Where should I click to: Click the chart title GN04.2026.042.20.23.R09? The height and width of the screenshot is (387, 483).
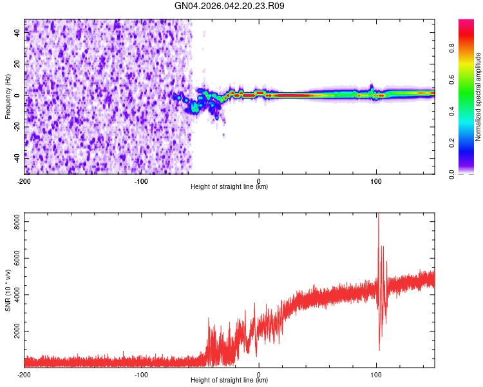coord(230,6)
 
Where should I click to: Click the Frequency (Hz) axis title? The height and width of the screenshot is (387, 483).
coord(8,96)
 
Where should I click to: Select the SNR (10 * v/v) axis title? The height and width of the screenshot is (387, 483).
coord(8,290)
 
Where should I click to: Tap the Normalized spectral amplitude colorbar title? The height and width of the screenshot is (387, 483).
coord(478,97)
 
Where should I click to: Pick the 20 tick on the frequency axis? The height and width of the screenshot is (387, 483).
coord(18,64)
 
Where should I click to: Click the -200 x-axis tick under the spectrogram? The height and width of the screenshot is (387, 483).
coord(24,180)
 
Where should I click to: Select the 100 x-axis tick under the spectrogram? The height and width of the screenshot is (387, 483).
coord(376,180)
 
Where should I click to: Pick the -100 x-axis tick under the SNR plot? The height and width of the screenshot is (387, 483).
coord(142,374)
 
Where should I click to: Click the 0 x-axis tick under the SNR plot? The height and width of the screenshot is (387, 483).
coord(259,374)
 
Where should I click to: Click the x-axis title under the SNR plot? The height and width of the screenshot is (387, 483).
coord(229,381)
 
